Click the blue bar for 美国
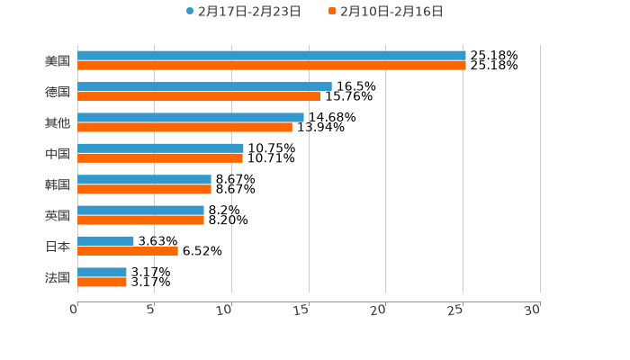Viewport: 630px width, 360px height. click(x=271, y=56)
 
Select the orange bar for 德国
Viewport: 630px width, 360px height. click(x=199, y=96)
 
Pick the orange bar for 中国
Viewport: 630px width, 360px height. click(x=160, y=158)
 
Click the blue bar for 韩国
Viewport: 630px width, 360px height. click(x=144, y=179)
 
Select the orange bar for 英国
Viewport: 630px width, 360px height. click(x=140, y=220)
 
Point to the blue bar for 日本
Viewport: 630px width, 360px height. click(x=105, y=241)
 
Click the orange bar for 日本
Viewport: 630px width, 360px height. click(x=128, y=251)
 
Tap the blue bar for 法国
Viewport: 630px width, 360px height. click(x=102, y=272)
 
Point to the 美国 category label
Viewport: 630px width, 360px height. click(x=58, y=61)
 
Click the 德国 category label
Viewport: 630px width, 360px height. click(x=58, y=92)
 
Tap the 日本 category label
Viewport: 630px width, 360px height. click(x=58, y=247)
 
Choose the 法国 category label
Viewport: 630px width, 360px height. click(x=58, y=277)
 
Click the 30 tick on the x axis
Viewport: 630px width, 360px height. click(x=533, y=310)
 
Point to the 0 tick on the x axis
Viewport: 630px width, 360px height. click(x=75, y=310)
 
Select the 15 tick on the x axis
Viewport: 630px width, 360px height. click(x=302, y=310)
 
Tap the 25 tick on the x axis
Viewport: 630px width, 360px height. click(x=456, y=310)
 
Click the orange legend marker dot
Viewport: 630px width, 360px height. click(x=332, y=12)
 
